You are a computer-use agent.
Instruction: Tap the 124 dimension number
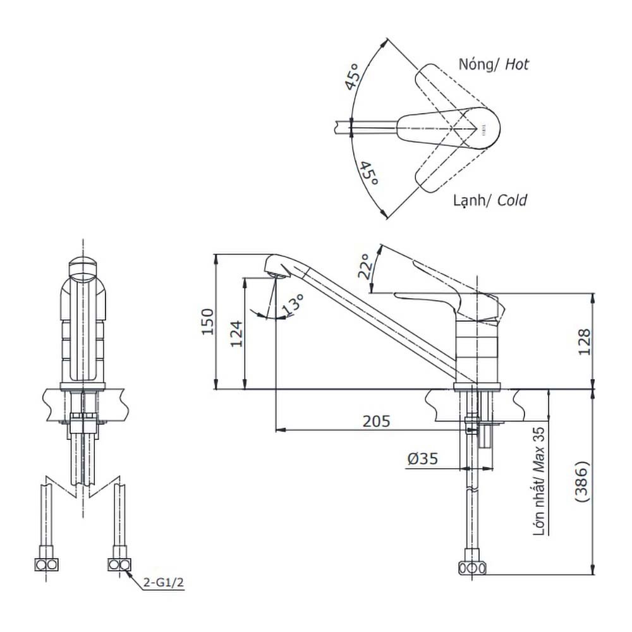tap(236, 333)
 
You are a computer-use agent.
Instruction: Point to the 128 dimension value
tap(584, 341)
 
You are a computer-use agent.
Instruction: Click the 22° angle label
tap(364, 267)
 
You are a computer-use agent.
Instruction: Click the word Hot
tap(516, 64)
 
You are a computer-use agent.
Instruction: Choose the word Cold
tap(511, 201)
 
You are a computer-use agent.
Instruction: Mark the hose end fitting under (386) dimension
tap(472, 568)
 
